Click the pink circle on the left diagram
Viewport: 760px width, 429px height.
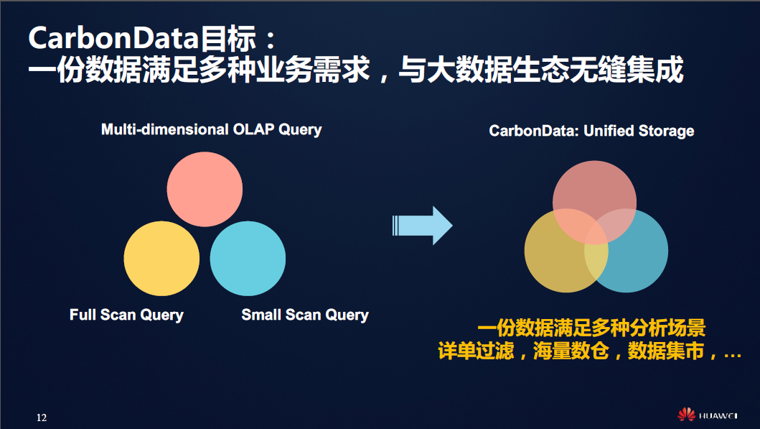click(205, 189)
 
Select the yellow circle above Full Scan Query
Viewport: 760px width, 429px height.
click(161, 258)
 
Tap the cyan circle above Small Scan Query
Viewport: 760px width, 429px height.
click(248, 258)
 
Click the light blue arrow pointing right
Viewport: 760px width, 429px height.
click(422, 226)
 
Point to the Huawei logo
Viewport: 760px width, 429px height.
click(707, 415)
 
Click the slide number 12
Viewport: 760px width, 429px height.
click(42, 418)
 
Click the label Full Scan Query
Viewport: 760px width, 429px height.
click(126, 315)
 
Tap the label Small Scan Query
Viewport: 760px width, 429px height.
click(305, 315)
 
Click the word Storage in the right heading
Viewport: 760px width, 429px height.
click(667, 131)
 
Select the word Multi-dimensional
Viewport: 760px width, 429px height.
click(165, 129)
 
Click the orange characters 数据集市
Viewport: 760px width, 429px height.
click(665, 351)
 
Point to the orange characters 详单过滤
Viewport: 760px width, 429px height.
click(476, 351)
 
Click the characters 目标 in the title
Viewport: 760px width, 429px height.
click(228, 38)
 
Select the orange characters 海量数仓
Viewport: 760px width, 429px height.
click(571, 351)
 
